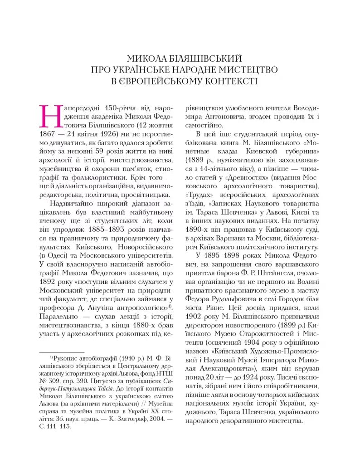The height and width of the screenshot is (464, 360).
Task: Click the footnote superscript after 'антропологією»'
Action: coord(169,306)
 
